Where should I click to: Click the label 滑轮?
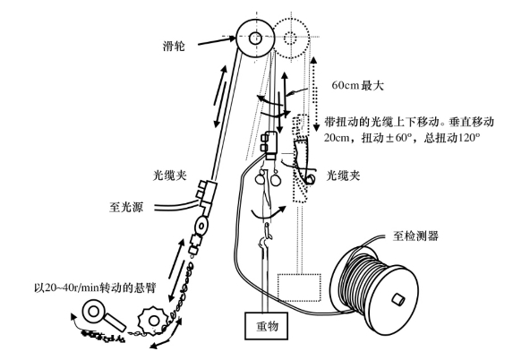coord(174,46)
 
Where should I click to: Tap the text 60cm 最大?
coord(357,85)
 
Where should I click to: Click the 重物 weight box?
coord(267,325)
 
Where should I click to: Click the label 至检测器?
coord(415,236)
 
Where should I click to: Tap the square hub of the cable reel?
coord(397,300)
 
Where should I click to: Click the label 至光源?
coord(126,207)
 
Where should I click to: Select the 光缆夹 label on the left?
coord(169,176)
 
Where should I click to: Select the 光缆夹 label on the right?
coord(343,176)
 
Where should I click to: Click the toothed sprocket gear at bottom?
coord(153,321)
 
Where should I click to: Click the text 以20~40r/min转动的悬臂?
coord(95,288)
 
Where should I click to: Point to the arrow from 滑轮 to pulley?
coord(217,40)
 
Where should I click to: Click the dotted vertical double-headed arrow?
coord(315,94)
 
